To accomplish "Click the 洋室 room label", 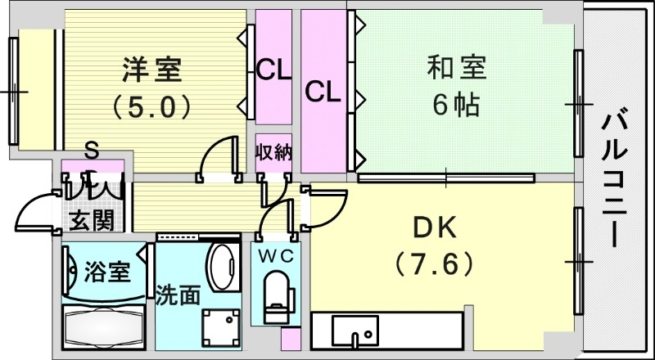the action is pyautogui.click(x=151, y=69).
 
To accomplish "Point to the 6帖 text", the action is pyautogui.click(x=456, y=106).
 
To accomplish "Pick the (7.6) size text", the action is pyautogui.click(x=434, y=263).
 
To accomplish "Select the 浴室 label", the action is pyautogui.click(x=107, y=272).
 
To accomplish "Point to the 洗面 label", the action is pyautogui.click(x=177, y=295).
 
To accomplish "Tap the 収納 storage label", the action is pyautogui.click(x=273, y=153).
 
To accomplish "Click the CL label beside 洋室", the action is pyautogui.click(x=273, y=70).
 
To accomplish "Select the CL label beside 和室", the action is pyautogui.click(x=323, y=90).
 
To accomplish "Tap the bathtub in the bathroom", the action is pyautogui.click(x=102, y=331).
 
